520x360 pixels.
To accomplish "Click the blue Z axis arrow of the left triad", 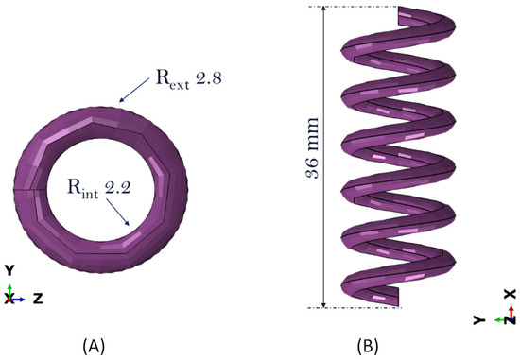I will (21, 298).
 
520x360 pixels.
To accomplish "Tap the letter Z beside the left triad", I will (37, 298).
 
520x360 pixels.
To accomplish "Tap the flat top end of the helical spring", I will (415, 13).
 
